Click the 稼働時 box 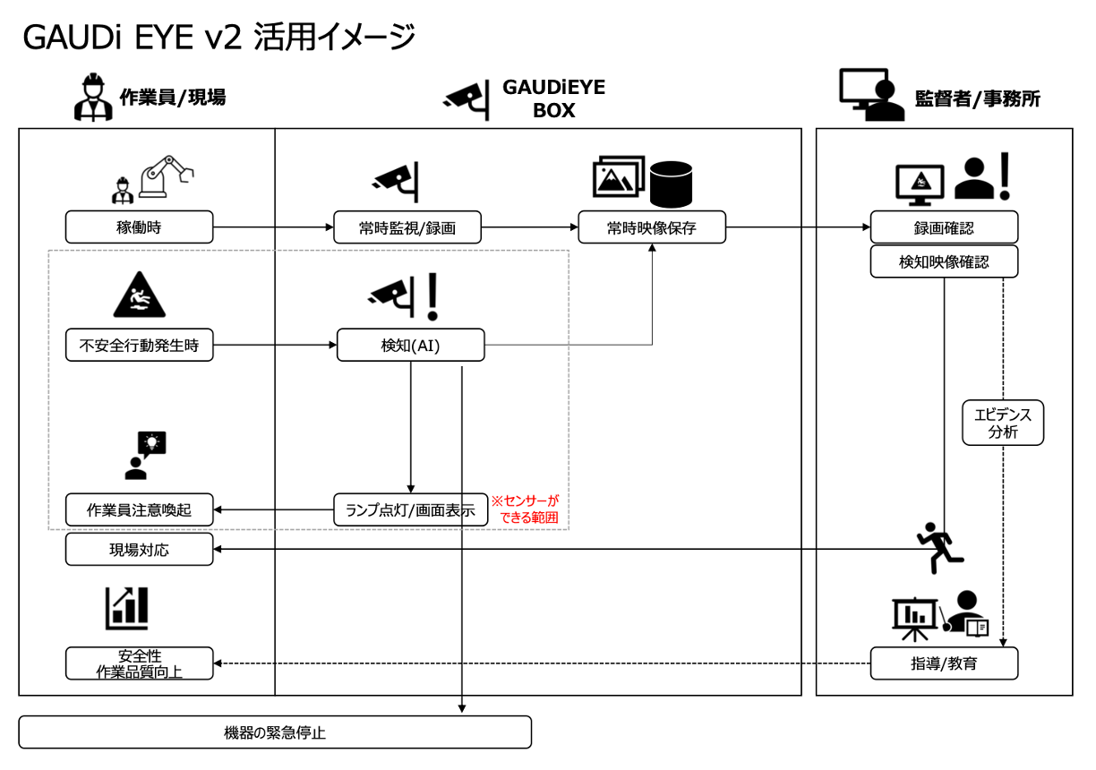[x=139, y=227]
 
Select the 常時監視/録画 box [x=407, y=227]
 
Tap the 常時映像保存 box [x=651, y=227]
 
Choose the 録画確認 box [x=944, y=227]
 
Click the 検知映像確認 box [x=944, y=261]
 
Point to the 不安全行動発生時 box [x=139, y=346]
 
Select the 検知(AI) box [x=410, y=346]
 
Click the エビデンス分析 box [x=1003, y=423]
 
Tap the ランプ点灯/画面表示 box [x=410, y=509]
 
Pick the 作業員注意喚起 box [x=139, y=510]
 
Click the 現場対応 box [x=139, y=550]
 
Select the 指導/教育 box [x=944, y=663]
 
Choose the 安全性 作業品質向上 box [x=139, y=663]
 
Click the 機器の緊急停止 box [x=274, y=732]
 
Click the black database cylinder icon [x=672, y=183]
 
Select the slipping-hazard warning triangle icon [x=139, y=295]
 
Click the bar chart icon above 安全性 [x=126, y=608]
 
